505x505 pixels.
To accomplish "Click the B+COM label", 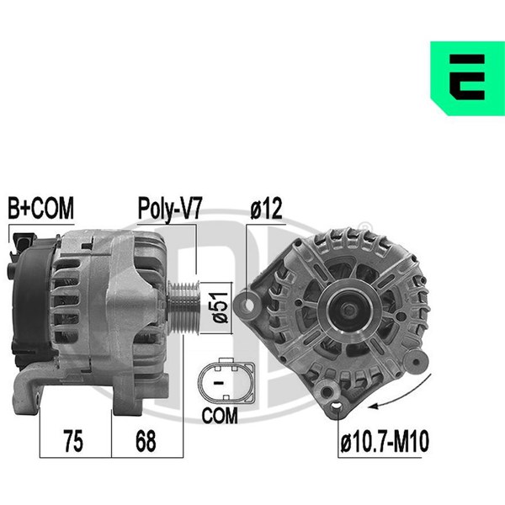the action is click(x=41, y=208).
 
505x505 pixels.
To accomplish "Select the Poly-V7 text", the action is click(x=169, y=210).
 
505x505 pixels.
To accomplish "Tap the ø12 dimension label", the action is click(x=266, y=208).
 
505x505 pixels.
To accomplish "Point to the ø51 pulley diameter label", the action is click(x=220, y=307).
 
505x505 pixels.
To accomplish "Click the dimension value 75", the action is click(x=73, y=441).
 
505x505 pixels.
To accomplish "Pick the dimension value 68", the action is click(x=146, y=441).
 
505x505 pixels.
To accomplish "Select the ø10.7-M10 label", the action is click(x=385, y=442).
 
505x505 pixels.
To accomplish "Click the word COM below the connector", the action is click(x=220, y=416).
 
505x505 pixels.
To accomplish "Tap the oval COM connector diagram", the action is click(x=226, y=380).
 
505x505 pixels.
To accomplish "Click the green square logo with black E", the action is click(x=467, y=78).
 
